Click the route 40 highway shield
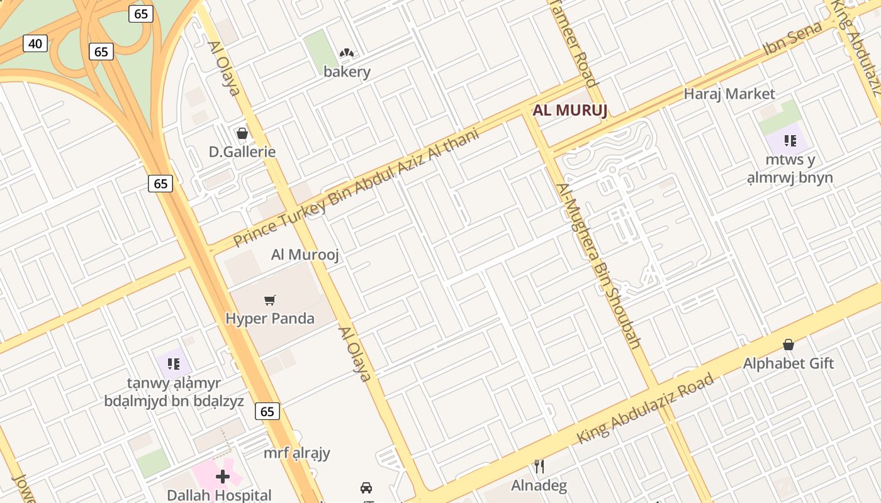click(x=35, y=43)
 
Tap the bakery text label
click(x=347, y=72)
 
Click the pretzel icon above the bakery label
click(x=347, y=53)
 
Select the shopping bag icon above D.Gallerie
click(x=242, y=133)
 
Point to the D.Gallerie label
click(x=242, y=152)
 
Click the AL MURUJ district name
click(x=570, y=111)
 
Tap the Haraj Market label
click(x=729, y=94)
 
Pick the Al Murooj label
click(x=305, y=255)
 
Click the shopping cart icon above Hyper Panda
click(x=270, y=300)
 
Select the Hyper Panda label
click(x=270, y=319)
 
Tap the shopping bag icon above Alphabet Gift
click(x=788, y=345)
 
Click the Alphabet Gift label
click(x=788, y=363)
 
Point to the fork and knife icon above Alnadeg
click(x=539, y=466)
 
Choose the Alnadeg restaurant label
click(x=539, y=485)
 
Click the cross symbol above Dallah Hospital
click(x=222, y=476)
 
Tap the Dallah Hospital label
click(x=219, y=495)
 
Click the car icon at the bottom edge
click(x=366, y=487)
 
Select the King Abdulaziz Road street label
click(x=646, y=409)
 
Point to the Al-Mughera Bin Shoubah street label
click(x=598, y=265)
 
